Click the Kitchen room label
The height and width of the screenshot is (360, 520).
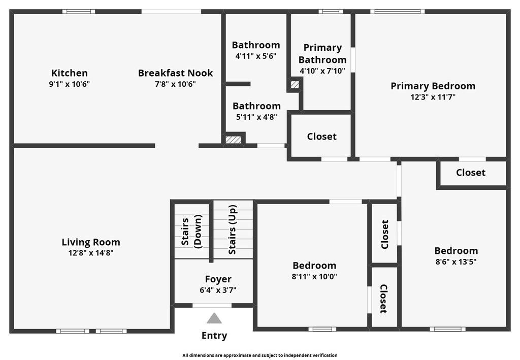point(69,73)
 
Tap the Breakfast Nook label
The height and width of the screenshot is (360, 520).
point(175,73)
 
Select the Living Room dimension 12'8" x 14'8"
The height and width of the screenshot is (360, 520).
point(91,253)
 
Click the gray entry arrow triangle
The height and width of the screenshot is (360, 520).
point(214,318)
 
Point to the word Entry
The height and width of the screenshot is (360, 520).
point(214,336)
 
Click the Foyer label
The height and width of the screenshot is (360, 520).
point(218,279)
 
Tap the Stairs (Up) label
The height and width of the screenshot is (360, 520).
point(233,230)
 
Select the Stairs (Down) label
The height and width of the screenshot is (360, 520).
point(191,232)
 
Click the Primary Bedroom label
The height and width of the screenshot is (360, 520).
point(433,86)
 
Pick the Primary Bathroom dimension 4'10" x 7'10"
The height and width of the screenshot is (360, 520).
point(322,71)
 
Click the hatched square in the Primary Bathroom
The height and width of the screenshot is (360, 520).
point(295,84)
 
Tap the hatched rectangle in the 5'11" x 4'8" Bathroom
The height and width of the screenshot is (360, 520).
point(234,140)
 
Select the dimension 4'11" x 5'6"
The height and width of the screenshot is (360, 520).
point(256,56)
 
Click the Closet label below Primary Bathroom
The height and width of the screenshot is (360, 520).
point(321,137)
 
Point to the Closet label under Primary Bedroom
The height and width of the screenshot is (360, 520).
point(471,172)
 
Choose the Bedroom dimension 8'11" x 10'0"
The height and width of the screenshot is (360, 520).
point(314,276)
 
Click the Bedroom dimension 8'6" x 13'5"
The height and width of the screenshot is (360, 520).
point(456,261)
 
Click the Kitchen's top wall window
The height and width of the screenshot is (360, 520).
point(79,12)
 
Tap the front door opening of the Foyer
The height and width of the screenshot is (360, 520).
point(212,305)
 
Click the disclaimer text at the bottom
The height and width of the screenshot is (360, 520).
point(260,355)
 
